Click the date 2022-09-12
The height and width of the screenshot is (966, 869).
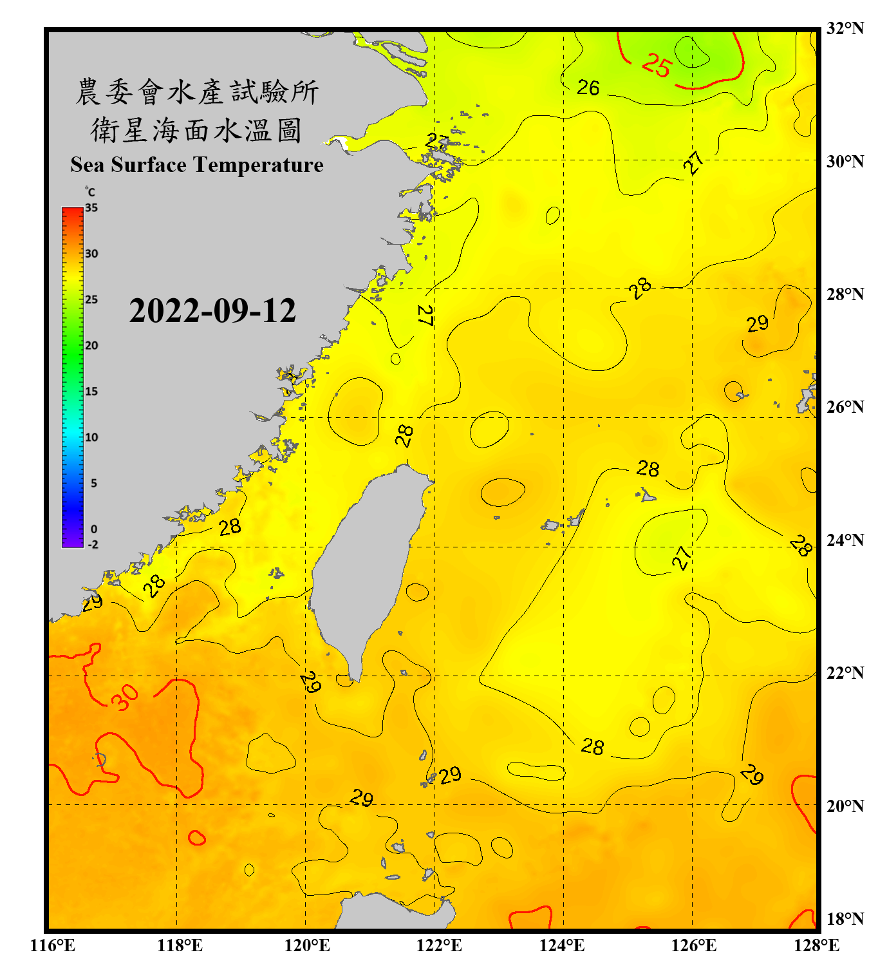tap(212, 311)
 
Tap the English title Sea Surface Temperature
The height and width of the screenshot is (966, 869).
tap(197, 165)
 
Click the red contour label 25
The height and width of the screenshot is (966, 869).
tap(657, 65)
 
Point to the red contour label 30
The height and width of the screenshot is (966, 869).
tap(125, 697)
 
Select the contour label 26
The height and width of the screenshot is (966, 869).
tap(588, 88)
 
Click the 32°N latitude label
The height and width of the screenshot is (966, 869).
tap(845, 28)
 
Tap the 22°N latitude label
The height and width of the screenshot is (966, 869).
tap(845, 673)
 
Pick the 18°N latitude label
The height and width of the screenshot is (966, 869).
tap(845, 919)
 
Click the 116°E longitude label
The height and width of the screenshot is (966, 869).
tap(53, 945)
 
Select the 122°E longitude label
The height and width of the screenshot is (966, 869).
tap(439, 945)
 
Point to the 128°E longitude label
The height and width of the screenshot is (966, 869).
tap(816, 945)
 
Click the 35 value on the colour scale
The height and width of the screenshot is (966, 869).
tap(91, 208)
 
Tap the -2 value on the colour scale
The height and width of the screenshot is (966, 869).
tap(93, 545)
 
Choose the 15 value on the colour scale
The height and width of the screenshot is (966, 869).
tap(91, 392)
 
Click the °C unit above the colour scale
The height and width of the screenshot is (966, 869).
tap(90, 192)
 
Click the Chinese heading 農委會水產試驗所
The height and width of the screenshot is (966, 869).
tap(197, 92)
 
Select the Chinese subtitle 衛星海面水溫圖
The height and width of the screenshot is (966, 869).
tap(196, 130)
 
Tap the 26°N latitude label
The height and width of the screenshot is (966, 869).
tap(845, 407)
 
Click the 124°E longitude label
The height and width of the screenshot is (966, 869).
tap(562, 945)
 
